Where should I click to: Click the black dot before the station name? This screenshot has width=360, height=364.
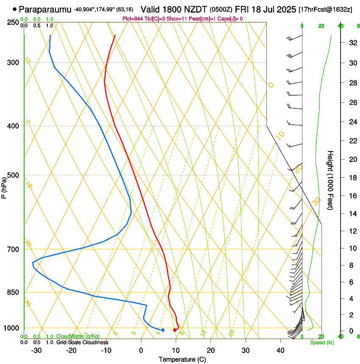click(15, 9)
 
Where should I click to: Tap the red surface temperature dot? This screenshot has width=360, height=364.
click(174, 330)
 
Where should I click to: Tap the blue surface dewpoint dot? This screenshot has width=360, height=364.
click(163, 330)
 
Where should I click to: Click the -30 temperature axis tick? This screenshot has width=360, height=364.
click(36, 350)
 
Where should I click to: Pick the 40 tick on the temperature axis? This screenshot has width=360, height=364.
click(280, 350)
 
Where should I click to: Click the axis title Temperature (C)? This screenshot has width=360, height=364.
click(182, 359)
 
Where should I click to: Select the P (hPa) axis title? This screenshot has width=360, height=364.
click(4, 186)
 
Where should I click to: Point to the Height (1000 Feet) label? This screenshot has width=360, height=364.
click(330, 180)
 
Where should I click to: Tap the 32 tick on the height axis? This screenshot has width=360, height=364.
click(352, 42)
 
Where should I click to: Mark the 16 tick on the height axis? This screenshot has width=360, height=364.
click(352, 196)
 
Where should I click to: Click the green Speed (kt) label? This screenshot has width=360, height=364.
click(322, 342)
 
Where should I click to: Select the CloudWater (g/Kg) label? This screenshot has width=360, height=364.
click(78, 336)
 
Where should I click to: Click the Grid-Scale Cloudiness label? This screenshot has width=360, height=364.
click(82, 342)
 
